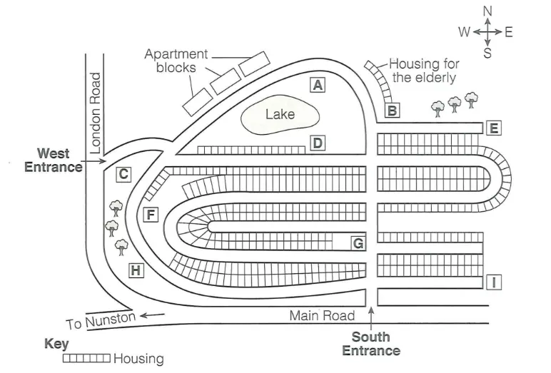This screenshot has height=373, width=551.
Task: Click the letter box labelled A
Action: (318, 85)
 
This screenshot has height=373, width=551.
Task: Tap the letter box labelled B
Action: (393, 111)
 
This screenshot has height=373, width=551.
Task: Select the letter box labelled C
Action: (123, 173)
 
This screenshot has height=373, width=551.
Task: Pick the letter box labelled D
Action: (318, 143)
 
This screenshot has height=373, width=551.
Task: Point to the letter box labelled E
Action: (494, 128)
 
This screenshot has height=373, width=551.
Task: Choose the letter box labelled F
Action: (150, 214)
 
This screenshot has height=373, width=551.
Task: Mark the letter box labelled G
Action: (358, 243)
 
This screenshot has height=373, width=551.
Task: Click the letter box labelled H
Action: (136, 270)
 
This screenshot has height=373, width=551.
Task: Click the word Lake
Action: (280, 114)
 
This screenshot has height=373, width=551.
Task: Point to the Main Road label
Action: (322, 315)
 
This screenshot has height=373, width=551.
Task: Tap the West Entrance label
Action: (54, 160)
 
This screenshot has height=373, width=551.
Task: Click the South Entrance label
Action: (371, 344)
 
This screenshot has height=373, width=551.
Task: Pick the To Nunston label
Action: (101, 321)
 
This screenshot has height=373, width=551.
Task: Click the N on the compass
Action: (487, 11)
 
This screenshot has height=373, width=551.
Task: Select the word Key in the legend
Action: (56, 344)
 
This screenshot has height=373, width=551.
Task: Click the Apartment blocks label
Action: (176, 61)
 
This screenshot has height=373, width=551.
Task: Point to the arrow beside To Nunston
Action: (153, 315)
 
